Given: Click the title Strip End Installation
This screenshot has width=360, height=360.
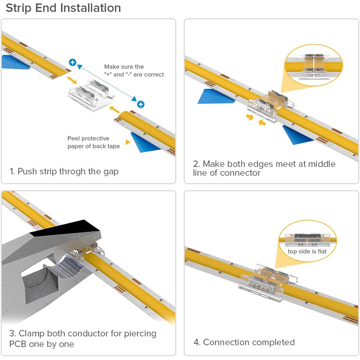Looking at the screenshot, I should point(63,8).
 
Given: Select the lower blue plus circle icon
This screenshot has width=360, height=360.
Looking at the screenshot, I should point(141,104).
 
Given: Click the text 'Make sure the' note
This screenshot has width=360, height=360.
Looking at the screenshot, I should point(124,67).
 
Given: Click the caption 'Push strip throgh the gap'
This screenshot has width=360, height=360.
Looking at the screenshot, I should point(64,171).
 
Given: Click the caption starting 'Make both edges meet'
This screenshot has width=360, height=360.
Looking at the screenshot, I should point(265,168).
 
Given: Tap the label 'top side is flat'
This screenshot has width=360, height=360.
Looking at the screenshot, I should point(307,251).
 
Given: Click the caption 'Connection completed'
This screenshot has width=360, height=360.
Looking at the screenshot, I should point(244,342).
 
